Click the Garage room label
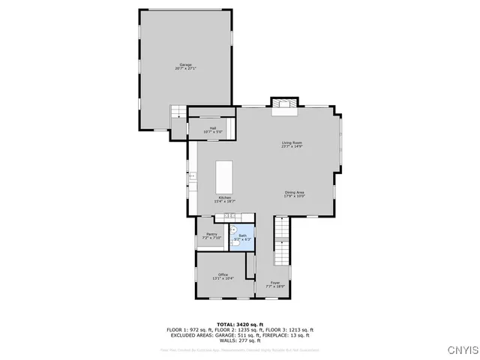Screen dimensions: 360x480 click(185, 64)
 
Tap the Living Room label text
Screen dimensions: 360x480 click(292, 142)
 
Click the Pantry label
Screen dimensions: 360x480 click(211, 235)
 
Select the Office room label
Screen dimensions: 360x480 click(223, 274)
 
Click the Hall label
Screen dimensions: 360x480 click(213, 128)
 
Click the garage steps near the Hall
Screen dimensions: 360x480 click(178, 112)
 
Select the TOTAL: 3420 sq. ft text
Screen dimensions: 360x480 click(240, 324)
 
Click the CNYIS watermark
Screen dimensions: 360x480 click(462, 349)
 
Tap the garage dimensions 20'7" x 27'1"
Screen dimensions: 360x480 click(185, 68)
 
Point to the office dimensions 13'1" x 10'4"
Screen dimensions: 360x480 click(223, 278)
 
